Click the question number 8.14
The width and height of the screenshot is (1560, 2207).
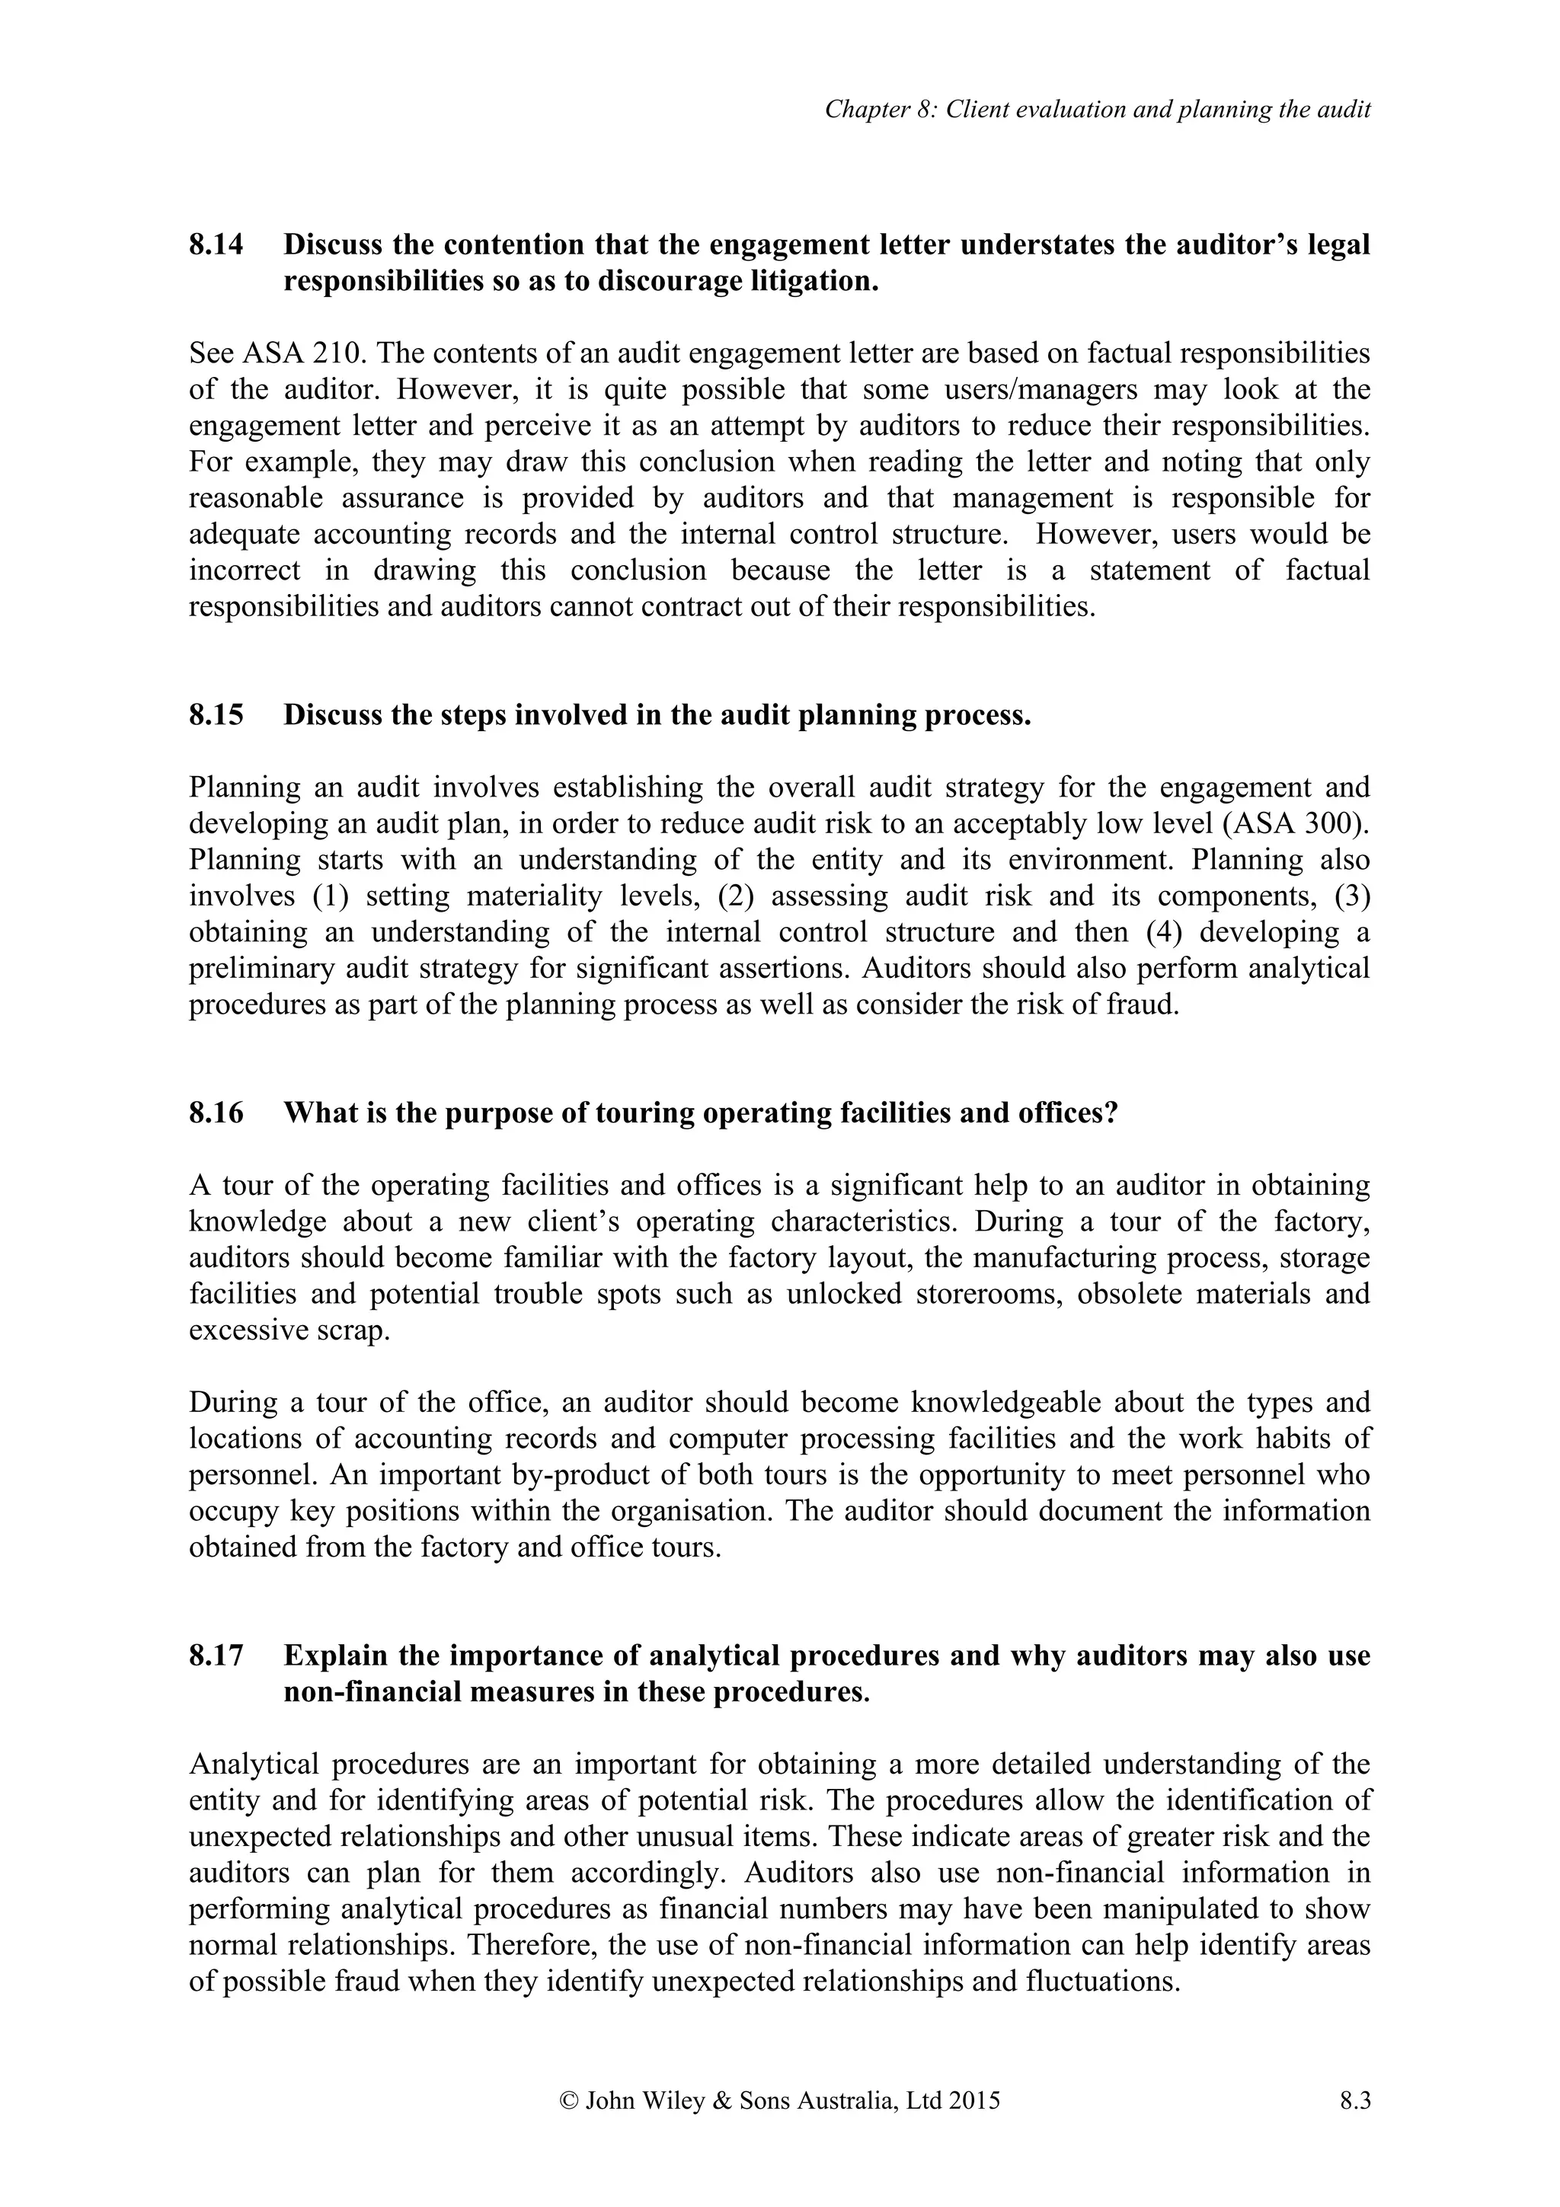[216, 245]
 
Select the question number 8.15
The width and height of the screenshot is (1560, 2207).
[216, 715]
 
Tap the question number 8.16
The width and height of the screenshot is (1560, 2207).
[216, 1113]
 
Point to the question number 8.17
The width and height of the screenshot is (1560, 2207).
[216, 1656]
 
